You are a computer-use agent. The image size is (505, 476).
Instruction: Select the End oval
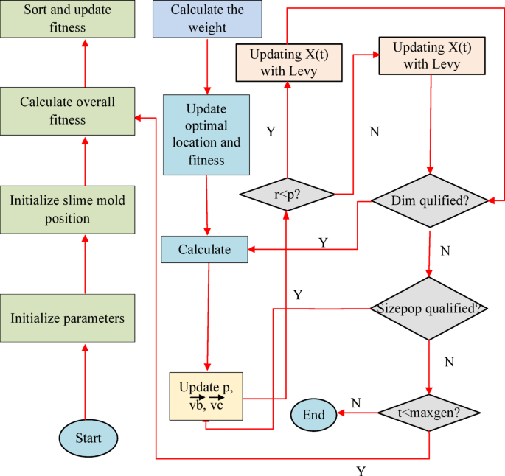313,414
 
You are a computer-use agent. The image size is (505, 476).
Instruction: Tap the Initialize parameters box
67,318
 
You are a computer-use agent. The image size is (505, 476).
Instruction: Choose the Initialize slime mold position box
67,209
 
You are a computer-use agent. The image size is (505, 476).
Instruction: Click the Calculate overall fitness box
67,111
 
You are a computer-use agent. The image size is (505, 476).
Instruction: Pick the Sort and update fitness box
54,19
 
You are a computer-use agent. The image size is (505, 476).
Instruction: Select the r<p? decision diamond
286,195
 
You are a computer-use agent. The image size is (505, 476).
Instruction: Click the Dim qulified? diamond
430,200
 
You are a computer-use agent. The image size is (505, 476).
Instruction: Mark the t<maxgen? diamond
428,413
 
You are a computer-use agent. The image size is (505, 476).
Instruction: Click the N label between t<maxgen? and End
355,403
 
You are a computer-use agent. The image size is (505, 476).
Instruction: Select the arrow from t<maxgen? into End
358,414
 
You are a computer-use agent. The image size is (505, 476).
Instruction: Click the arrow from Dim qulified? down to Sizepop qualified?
430,251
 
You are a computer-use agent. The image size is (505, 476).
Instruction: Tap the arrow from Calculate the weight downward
207,66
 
